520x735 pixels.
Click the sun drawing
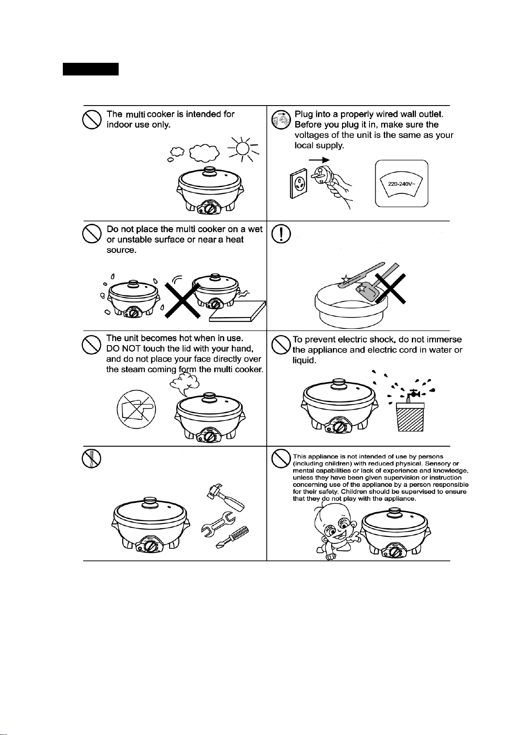point(243,149)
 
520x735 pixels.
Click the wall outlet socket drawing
point(298,183)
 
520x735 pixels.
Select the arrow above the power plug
point(319,160)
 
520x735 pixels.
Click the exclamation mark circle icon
point(281,234)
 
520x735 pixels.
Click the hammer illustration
point(225,497)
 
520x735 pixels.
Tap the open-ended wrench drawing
point(218,524)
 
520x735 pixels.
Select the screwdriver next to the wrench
point(232,537)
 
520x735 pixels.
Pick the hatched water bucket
point(410,417)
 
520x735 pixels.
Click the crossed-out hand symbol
point(136,409)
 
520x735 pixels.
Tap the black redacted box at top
point(91,69)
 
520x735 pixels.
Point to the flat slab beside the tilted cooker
point(237,311)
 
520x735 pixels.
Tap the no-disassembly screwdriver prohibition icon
point(91,458)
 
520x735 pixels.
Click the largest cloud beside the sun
point(205,153)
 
